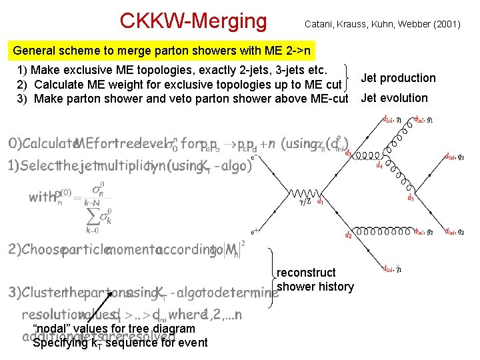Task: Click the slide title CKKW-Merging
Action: click(193, 21)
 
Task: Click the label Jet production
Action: click(398, 78)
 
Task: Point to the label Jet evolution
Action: click(394, 98)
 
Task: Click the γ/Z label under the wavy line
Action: click(307, 201)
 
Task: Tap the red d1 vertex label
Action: click(321, 200)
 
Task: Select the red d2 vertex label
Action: click(348, 235)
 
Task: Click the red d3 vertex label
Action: click(348, 153)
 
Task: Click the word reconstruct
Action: click(306, 273)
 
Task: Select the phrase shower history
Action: click(315, 287)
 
